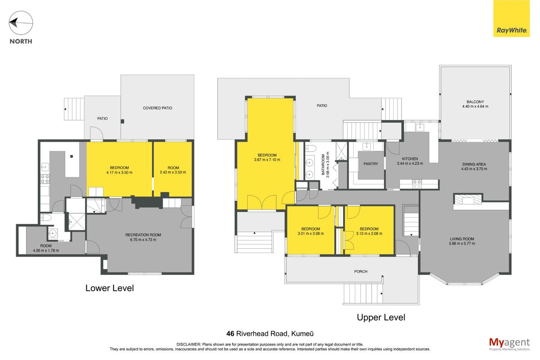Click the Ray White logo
pos(511,18)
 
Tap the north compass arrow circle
pos(21,23)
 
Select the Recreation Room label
pos(143,235)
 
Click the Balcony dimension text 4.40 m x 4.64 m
pos(475,106)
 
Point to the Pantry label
pos(370,164)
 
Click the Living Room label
pos(462,239)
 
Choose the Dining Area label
pos(474,164)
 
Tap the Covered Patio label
pos(157,108)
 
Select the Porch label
pos(360,271)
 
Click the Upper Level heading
pos(381,318)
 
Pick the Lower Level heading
pos(109,288)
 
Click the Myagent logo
pos(509,344)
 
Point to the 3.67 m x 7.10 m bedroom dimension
pos(267,160)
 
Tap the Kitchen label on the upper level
pos(410,159)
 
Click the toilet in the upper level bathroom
pos(311,148)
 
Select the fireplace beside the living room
pos(468,199)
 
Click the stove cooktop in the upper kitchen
pos(417,184)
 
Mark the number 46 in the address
pos(230,334)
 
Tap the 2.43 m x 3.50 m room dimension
pos(173,172)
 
